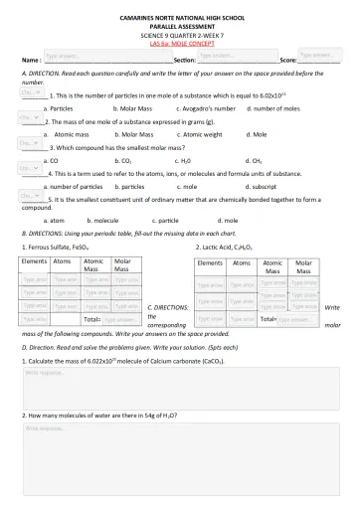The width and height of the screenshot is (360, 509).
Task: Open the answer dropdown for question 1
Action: [x=29, y=91]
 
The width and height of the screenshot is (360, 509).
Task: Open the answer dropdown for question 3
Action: [x=29, y=143]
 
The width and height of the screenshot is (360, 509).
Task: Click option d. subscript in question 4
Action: [x=262, y=186]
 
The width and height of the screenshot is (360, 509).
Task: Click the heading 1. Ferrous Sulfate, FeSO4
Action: [x=55, y=246]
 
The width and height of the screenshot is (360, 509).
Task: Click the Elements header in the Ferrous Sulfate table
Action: [x=34, y=261]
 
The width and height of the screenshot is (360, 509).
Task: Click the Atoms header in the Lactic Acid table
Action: [x=242, y=263]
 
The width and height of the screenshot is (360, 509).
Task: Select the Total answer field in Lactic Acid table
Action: [x=297, y=320]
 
